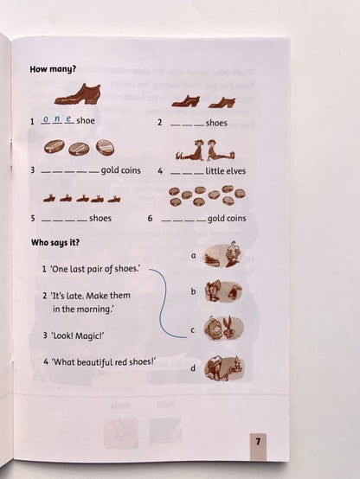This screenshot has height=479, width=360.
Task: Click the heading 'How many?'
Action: (53, 69)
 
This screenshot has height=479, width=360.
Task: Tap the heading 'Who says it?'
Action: (55, 243)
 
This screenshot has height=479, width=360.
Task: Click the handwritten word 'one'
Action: (57, 119)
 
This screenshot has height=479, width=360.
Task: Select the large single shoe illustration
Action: (78, 94)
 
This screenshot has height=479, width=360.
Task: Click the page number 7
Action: (258, 442)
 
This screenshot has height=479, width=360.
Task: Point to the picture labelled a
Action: (222, 255)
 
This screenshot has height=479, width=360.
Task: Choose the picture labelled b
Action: (223, 291)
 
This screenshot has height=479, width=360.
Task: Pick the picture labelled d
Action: (224, 367)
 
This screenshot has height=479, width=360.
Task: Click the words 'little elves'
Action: (226, 171)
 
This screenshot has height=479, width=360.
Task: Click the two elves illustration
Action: (205, 150)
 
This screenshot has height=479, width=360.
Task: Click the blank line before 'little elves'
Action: (187, 174)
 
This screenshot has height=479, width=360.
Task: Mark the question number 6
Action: (150, 219)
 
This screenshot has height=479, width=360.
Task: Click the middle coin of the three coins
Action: (78, 149)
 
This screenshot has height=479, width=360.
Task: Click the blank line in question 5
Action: (64, 220)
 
